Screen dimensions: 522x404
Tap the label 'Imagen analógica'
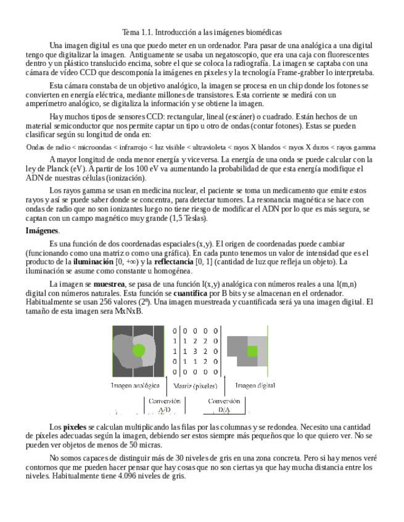(135, 386)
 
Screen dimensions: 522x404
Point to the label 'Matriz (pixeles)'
(196, 387)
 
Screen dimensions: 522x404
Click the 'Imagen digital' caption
(255, 386)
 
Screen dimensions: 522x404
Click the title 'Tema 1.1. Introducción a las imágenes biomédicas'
(202, 32)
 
